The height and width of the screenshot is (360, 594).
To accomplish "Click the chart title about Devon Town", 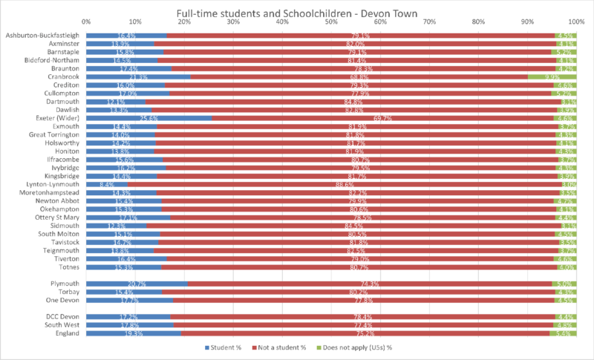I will [x=297, y=13].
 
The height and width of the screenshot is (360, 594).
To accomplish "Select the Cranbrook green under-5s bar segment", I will [x=552, y=77].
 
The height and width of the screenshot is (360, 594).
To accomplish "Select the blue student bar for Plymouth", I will [x=137, y=284].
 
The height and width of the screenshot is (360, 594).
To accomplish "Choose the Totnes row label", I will [x=68, y=267].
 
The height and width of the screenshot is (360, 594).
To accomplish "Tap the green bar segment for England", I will [x=563, y=333].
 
